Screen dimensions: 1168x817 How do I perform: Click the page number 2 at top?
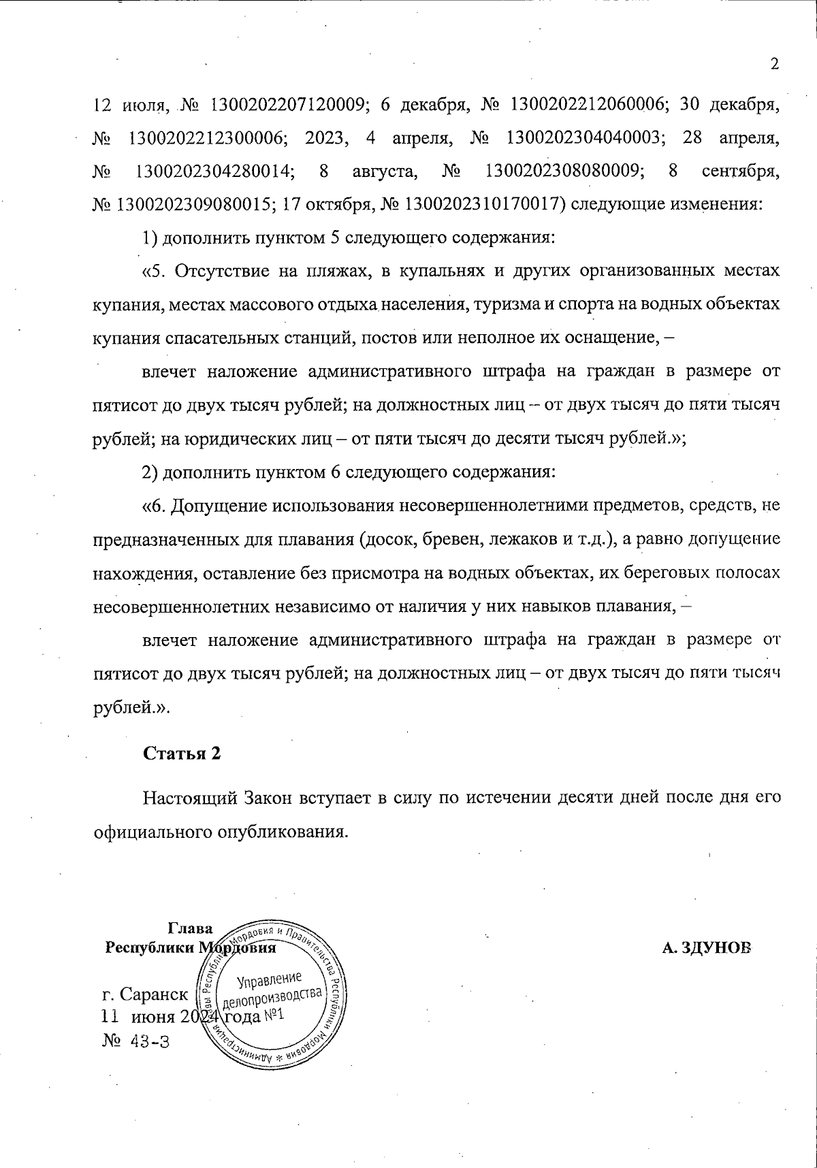click(773, 65)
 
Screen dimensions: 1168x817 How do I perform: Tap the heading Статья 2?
click(182, 753)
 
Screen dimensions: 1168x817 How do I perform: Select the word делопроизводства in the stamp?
click(271, 999)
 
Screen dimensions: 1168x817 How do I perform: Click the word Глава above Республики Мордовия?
click(190, 928)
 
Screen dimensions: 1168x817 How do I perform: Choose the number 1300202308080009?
click(564, 171)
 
